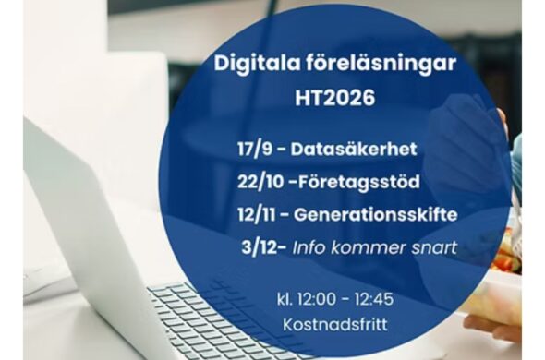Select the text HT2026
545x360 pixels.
coord(335,97)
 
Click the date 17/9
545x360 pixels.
coord(255,149)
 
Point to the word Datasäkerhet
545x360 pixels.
coord(354,149)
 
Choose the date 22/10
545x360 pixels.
coord(260,182)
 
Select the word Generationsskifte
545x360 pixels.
coord(375,214)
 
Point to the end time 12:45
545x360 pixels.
coord(374,299)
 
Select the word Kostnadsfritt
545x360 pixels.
coord(335,325)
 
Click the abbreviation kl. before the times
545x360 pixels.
coord(285,299)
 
